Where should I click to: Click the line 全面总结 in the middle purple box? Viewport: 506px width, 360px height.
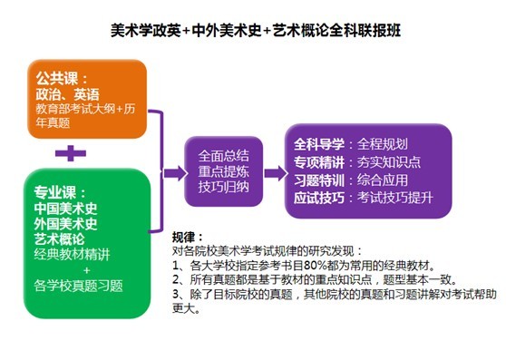(218, 154)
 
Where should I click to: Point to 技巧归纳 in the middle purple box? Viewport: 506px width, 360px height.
(218, 186)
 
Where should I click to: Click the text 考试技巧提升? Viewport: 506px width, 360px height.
(396, 198)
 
